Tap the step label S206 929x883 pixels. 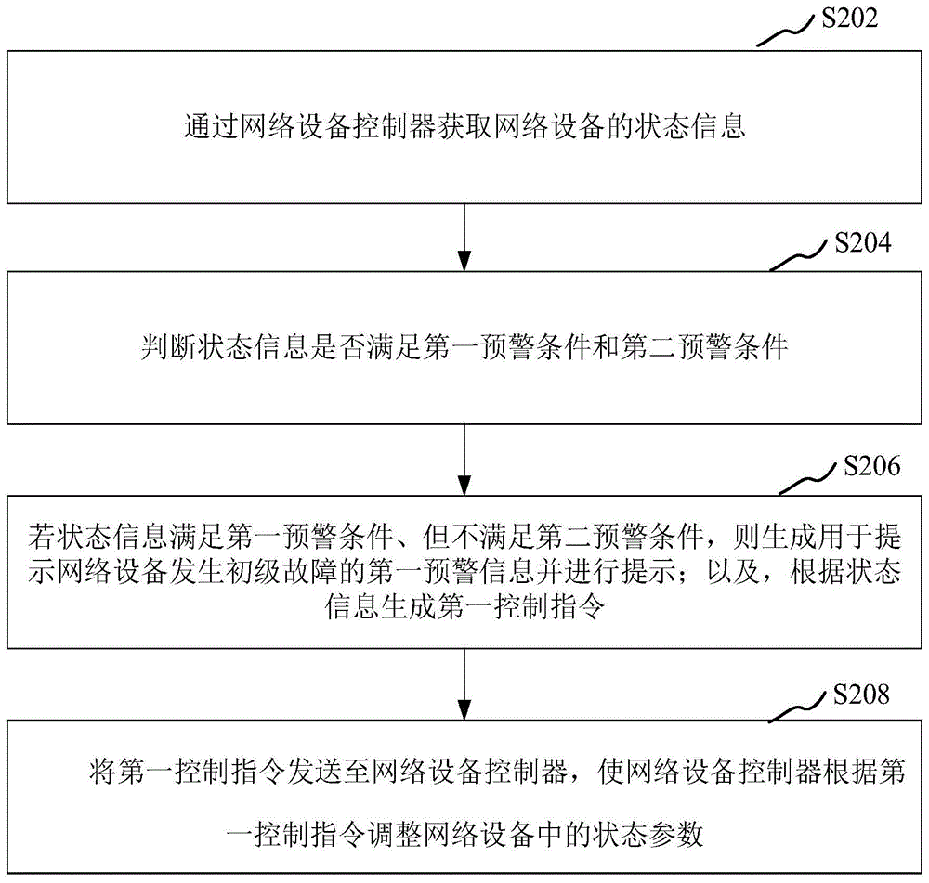(x=870, y=466)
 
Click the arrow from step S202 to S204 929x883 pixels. (x=464, y=237)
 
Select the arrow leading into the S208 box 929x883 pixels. (x=464, y=682)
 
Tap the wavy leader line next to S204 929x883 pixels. (x=800, y=258)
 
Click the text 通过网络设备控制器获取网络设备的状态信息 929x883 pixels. (x=464, y=127)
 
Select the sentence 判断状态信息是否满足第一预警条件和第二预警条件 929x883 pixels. (x=464, y=349)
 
